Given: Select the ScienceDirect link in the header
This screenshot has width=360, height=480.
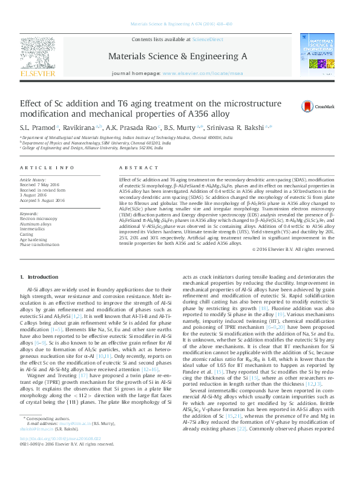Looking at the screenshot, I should [207, 40].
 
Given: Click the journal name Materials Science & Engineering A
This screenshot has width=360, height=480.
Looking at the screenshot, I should [177, 56].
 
